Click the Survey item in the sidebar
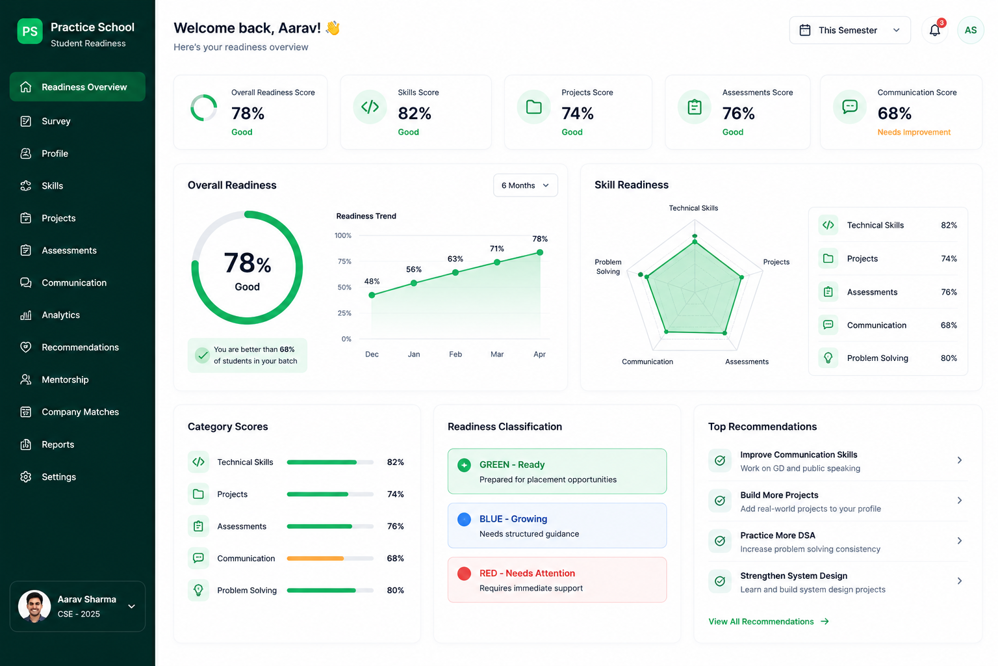[x=56, y=121]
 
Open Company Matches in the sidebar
[x=80, y=412]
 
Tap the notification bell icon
[x=935, y=31]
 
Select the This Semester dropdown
[x=850, y=31]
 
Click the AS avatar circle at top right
[x=970, y=31]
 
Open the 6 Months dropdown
[x=525, y=185]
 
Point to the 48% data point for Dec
[x=372, y=295]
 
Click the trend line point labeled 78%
[x=540, y=252]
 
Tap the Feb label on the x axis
[x=455, y=354]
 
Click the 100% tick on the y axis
[x=343, y=235]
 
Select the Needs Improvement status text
[x=914, y=132]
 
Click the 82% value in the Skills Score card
[x=415, y=113]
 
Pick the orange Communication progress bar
[x=315, y=558]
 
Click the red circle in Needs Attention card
[x=464, y=573]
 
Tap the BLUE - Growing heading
[x=513, y=519]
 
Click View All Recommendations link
[x=769, y=621]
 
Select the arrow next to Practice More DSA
[x=960, y=540]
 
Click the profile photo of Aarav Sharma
[x=34, y=606]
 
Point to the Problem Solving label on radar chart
[x=608, y=267]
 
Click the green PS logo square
[x=30, y=31]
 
